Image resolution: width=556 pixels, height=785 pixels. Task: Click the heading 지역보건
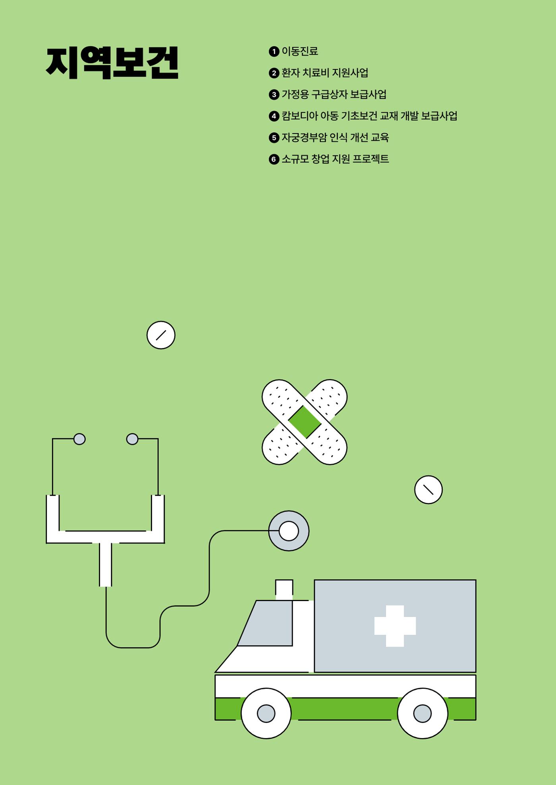pyautogui.click(x=112, y=63)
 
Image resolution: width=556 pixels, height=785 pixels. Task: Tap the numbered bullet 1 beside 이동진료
pyautogui.click(x=274, y=52)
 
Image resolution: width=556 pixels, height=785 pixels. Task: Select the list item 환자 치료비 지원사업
pyautogui.click(x=325, y=73)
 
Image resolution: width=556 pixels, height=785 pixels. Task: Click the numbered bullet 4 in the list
pyautogui.click(x=274, y=116)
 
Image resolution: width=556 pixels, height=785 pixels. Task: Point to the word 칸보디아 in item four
pyautogui.click(x=300, y=116)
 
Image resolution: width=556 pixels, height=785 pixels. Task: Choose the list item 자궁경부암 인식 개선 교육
pyautogui.click(x=335, y=137)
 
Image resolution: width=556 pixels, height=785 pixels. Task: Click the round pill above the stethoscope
pyautogui.click(x=161, y=335)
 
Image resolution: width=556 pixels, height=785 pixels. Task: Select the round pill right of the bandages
pyautogui.click(x=429, y=490)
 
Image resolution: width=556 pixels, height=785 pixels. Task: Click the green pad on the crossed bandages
pyautogui.click(x=305, y=422)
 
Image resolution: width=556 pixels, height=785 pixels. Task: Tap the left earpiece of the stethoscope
pyautogui.click(x=79, y=439)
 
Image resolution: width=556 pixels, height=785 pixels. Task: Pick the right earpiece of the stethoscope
pyautogui.click(x=132, y=439)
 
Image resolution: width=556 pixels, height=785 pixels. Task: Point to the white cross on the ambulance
pyautogui.click(x=395, y=626)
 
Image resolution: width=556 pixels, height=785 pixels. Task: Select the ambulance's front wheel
pyautogui.click(x=266, y=713)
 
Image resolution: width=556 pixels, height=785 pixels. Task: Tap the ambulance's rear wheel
pyautogui.click(x=423, y=713)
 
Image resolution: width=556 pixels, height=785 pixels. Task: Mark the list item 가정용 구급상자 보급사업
pyautogui.click(x=334, y=95)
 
